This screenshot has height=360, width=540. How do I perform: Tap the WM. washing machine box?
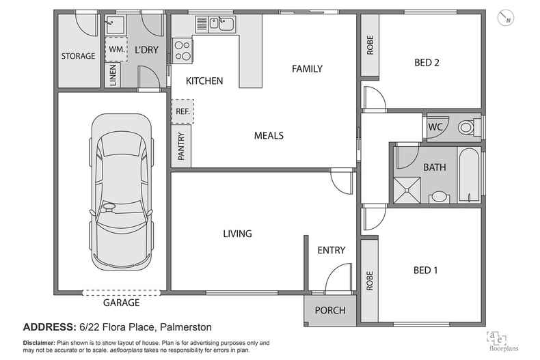click(115, 49)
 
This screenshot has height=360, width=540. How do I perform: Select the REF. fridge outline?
click(183, 111)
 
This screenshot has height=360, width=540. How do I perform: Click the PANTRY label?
click(182, 146)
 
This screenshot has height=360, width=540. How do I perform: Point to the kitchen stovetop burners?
click(183, 50)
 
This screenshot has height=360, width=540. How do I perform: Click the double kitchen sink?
click(223, 25)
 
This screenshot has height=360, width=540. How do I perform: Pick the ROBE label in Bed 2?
click(370, 45)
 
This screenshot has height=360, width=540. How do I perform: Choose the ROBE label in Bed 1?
click(370, 279)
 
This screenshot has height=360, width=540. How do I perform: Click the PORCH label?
click(329, 310)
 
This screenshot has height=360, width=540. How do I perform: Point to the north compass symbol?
click(506, 18)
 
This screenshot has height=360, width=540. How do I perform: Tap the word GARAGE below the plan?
click(121, 303)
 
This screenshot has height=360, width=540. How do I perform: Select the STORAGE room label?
click(78, 56)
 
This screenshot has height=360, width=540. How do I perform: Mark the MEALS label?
click(269, 135)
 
